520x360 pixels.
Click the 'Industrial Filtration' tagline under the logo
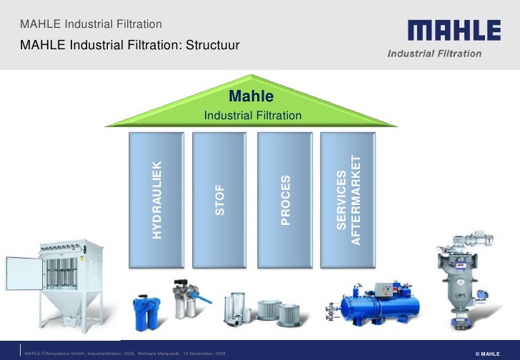434,54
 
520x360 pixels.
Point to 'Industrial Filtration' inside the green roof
252,116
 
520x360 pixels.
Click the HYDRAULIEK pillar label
157,199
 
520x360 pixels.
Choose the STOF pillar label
220,199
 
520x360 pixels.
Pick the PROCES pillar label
285,199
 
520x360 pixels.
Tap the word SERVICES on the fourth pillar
341,199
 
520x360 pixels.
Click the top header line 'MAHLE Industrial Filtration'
81,26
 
